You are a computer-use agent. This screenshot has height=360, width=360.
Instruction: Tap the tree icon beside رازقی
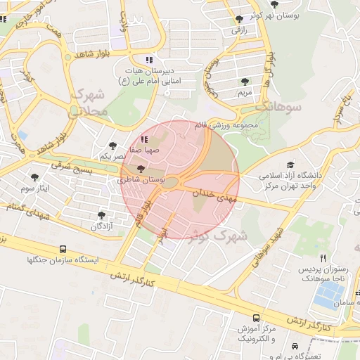[240, 19]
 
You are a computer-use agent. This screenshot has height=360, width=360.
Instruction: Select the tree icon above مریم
[245, 82]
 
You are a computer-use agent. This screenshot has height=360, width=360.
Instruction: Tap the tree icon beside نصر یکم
[113, 145]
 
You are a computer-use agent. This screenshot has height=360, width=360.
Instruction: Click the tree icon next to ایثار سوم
[35, 177]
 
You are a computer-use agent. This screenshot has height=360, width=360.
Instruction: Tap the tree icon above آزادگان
[103, 215]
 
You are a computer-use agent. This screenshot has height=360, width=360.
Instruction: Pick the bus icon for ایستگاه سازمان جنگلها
[63, 249]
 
